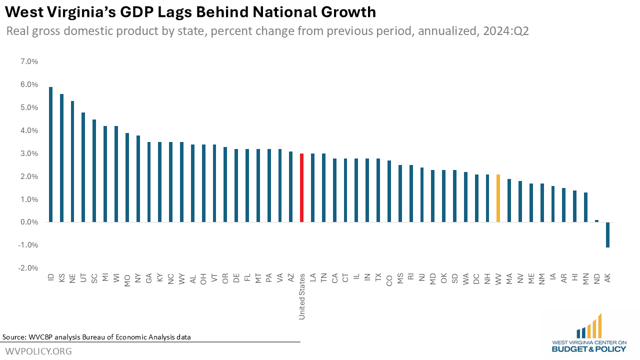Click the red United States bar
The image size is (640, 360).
coord(301,187)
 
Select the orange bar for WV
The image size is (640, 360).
coord(498,198)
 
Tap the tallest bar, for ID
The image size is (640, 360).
coord(50,154)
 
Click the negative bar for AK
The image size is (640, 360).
coord(607,234)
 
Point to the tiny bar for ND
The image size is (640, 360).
coord(596,221)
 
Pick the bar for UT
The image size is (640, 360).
coord(83,167)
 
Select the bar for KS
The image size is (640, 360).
coord(61,158)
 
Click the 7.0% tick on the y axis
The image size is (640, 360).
coord(28,61)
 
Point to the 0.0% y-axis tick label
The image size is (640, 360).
coord(28,222)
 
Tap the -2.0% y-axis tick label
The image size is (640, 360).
coord(28,268)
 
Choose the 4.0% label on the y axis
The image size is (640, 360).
coord(28,130)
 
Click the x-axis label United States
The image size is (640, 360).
coord(302,296)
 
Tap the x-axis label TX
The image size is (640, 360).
coord(378,277)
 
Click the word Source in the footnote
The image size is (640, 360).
coord(15,336)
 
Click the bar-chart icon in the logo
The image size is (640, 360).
coord(589,326)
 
